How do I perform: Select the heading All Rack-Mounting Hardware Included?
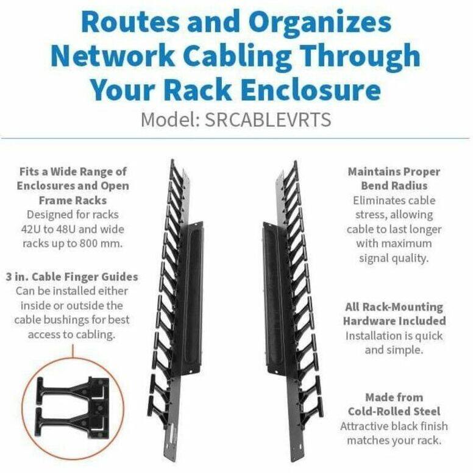(x=394, y=314)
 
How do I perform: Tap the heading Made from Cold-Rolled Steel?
(x=394, y=404)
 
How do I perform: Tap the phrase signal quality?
(x=394, y=258)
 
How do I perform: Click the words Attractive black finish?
(x=394, y=425)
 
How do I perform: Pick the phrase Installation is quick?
(x=394, y=336)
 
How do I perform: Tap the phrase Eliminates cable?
(x=394, y=200)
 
